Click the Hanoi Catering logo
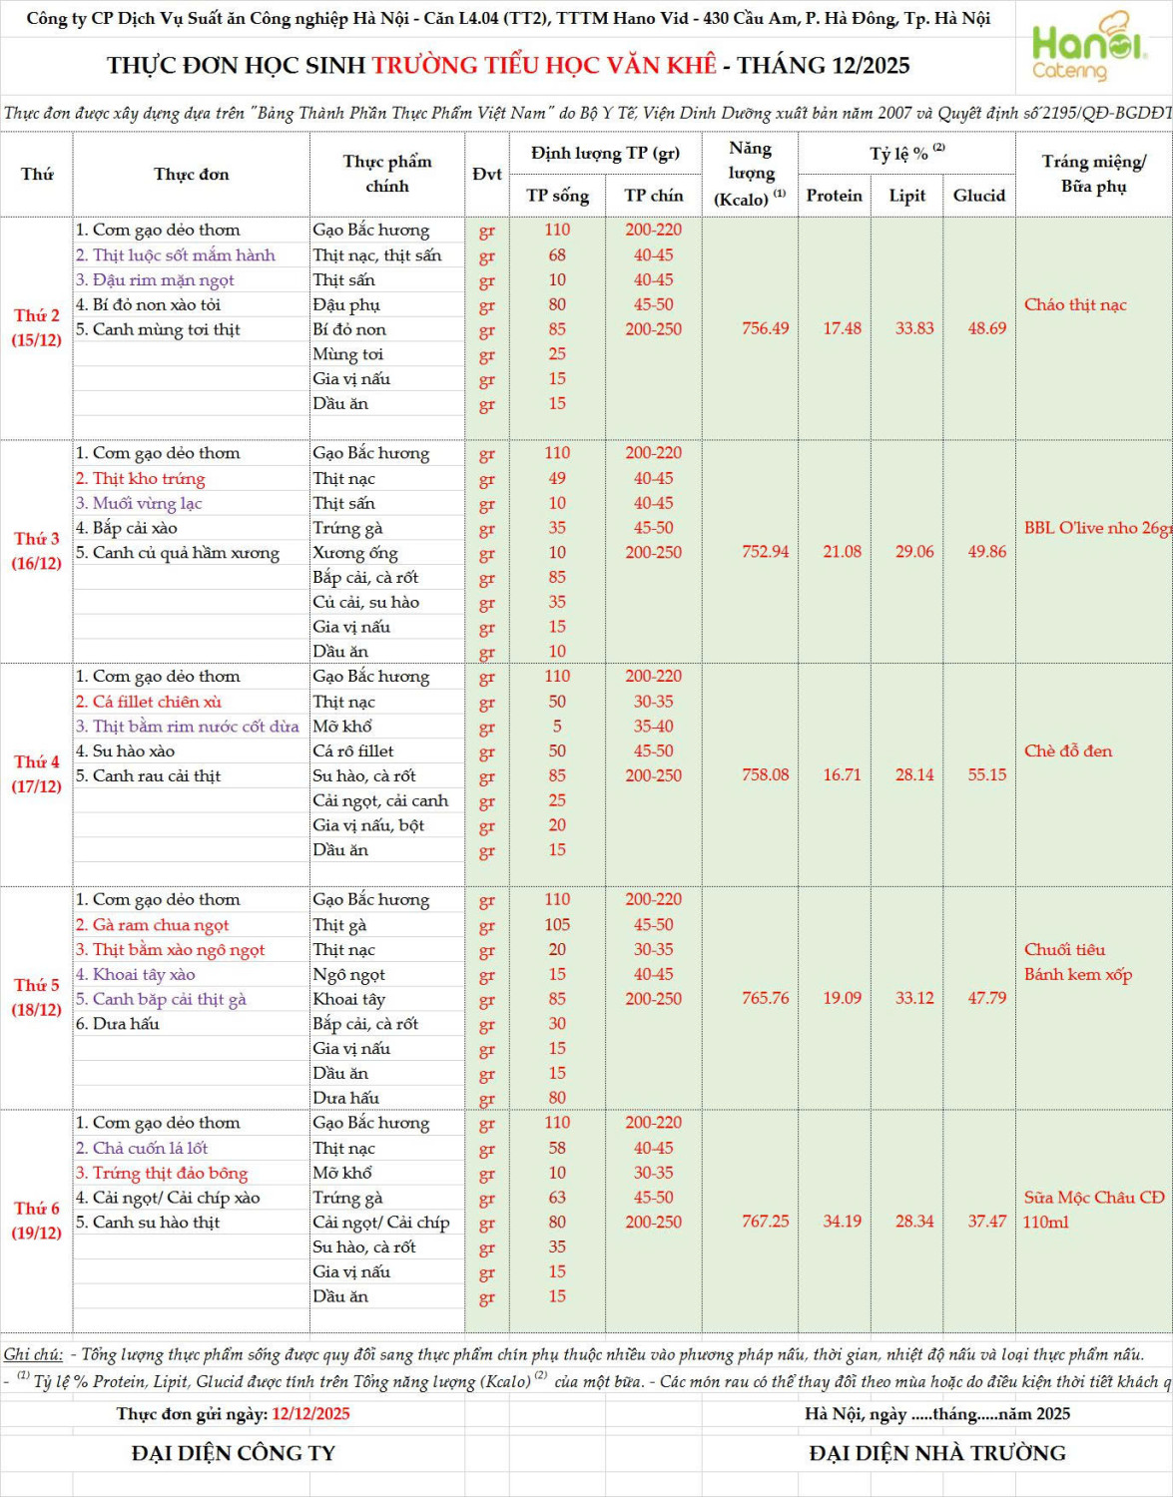(1087, 48)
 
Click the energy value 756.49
(765, 328)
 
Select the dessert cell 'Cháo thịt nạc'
(1075, 304)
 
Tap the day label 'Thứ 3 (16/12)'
(36, 551)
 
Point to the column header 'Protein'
(834, 196)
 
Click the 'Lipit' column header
(906, 196)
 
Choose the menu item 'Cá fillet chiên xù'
(157, 702)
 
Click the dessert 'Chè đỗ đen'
(1067, 750)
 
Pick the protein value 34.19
(842, 1222)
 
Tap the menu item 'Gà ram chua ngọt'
(160, 925)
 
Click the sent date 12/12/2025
(310, 1413)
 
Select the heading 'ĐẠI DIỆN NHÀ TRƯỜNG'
(936, 1453)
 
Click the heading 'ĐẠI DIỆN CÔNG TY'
(233, 1453)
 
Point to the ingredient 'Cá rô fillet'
(353, 750)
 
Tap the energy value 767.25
(765, 1222)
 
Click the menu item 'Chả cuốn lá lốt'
(150, 1148)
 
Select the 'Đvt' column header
(486, 174)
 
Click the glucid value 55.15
(986, 774)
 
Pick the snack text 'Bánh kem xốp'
(1077, 974)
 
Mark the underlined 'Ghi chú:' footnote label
(33, 1354)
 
